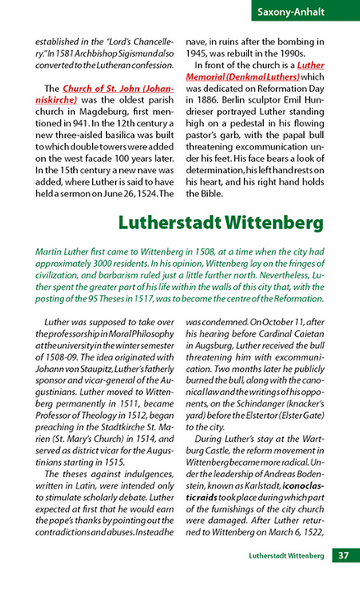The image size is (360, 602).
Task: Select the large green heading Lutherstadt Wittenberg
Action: click(x=221, y=223)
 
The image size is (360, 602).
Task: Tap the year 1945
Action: click(x=201, y=52)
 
